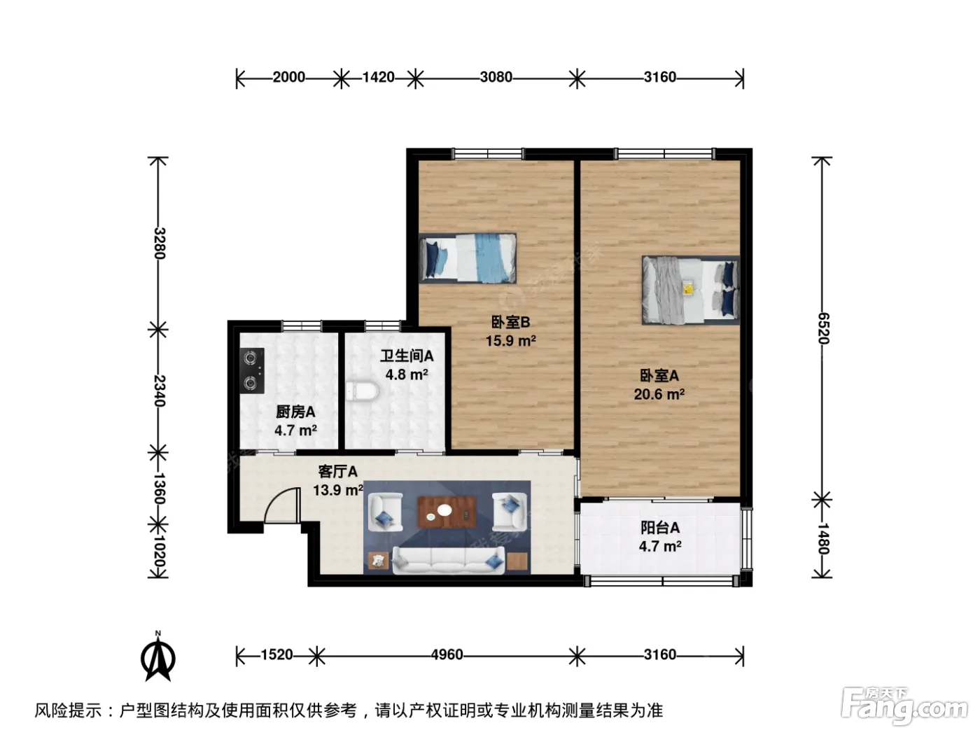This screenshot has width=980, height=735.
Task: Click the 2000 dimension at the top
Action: point(288,77)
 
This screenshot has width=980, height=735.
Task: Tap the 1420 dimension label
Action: point(378,77)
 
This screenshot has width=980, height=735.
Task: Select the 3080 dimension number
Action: point(496,77)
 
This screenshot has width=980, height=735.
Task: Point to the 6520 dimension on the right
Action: point(822,328)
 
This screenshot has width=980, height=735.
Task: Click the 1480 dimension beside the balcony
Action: point(822,538)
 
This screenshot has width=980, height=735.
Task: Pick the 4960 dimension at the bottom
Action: point(447,654)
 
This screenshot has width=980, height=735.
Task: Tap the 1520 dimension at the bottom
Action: point(276,654)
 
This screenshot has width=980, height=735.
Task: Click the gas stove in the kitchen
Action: point(252,371)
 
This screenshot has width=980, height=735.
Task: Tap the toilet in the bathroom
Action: point(362,391)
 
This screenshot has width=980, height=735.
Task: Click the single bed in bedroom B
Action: point(468,258)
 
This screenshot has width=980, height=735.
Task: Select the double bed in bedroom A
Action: point(691,290)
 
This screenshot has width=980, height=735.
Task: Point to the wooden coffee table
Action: point(447,512)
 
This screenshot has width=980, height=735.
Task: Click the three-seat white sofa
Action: point(448,561)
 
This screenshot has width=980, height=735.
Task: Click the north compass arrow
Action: point(158,659)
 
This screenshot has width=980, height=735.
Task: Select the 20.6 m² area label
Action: point(659,395)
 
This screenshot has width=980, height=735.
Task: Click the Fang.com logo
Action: point(904,706)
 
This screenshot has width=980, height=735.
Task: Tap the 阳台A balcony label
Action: point(660,528)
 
